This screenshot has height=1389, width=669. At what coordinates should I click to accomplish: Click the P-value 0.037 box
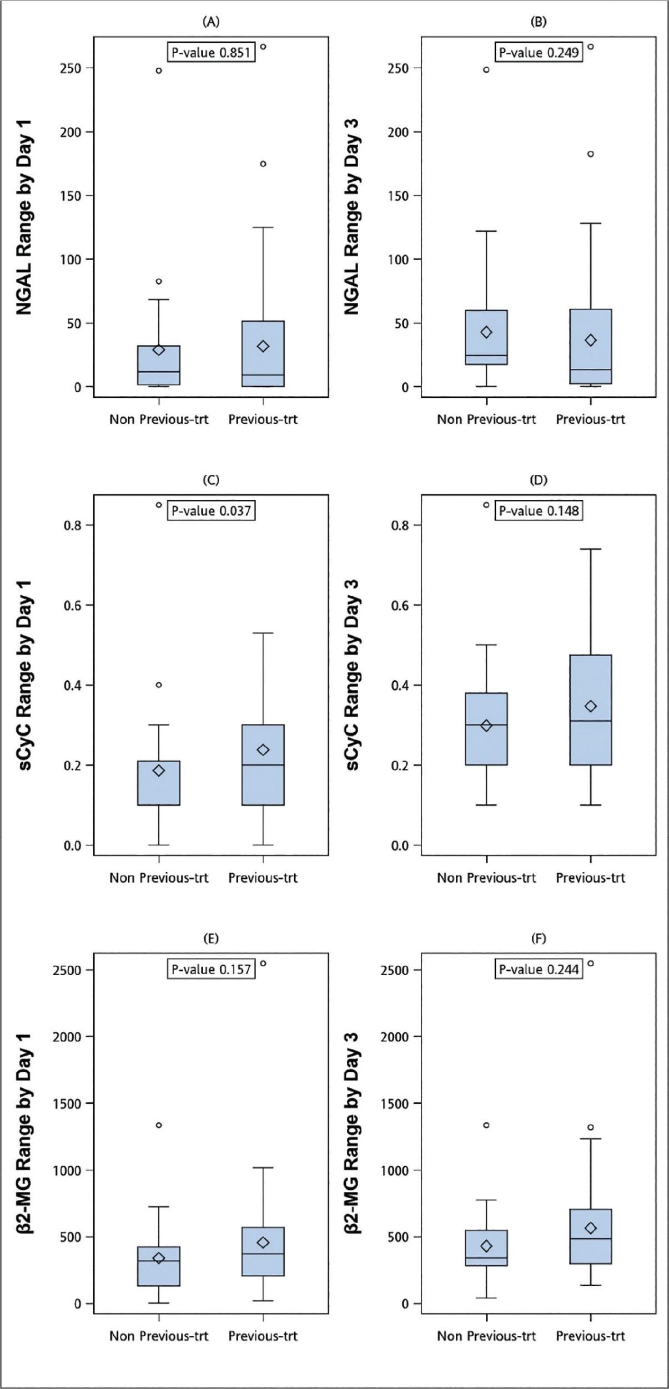click(211, 510)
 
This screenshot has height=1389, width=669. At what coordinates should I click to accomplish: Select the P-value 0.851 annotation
click(211, 53)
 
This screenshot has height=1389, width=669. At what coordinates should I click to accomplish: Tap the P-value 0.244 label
click(539, 969)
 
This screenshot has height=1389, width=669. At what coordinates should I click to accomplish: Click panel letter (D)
click(539, 480)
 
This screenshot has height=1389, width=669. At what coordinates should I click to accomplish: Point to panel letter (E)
click(211, 939)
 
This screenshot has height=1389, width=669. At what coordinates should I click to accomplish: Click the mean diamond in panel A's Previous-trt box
click(263, 346)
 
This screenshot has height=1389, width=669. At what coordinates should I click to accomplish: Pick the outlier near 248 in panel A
click(159, 71)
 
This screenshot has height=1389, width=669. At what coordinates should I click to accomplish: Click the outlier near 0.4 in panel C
click(159, 685)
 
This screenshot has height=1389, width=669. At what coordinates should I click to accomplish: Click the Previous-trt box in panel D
click(591, 710)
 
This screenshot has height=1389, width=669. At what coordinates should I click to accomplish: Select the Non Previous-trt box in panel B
click(486, 337)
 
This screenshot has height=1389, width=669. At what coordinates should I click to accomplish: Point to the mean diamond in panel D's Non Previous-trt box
click(486, 726)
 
